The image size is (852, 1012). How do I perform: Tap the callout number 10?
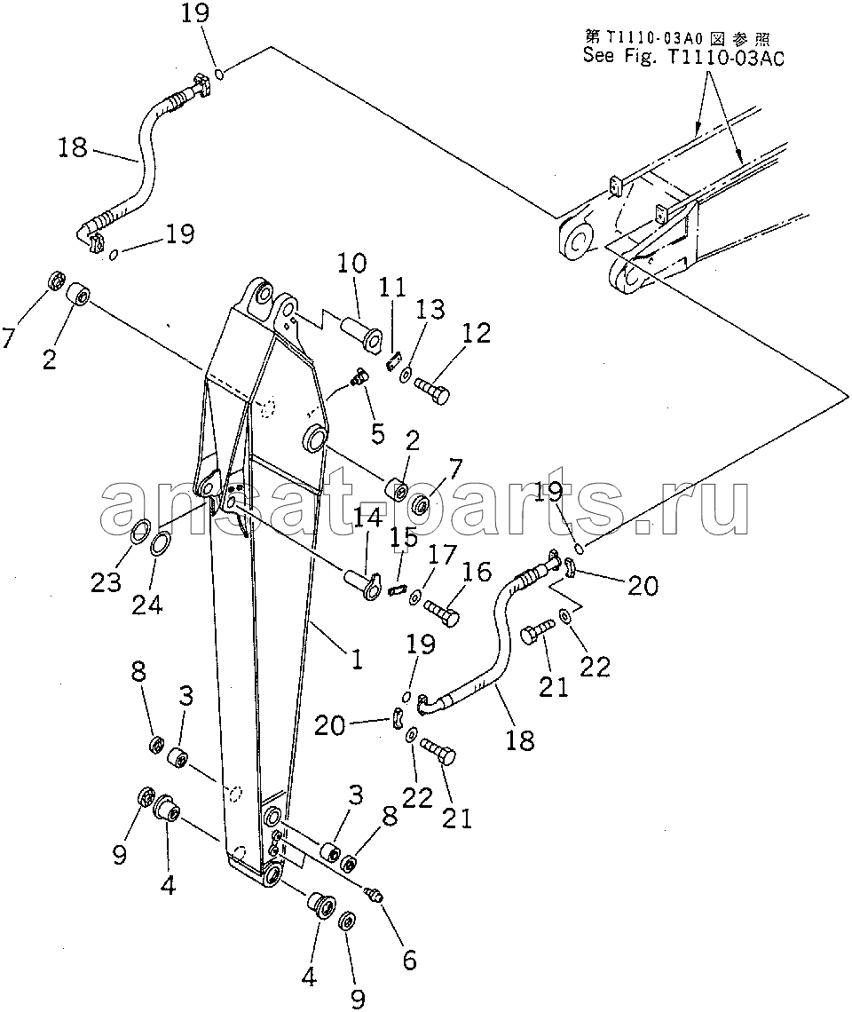pos(351,265)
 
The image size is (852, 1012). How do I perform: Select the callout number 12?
pos(476,333)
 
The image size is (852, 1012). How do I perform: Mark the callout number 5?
pos(377,434)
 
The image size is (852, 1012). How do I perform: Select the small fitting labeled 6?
pos(375,894)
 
